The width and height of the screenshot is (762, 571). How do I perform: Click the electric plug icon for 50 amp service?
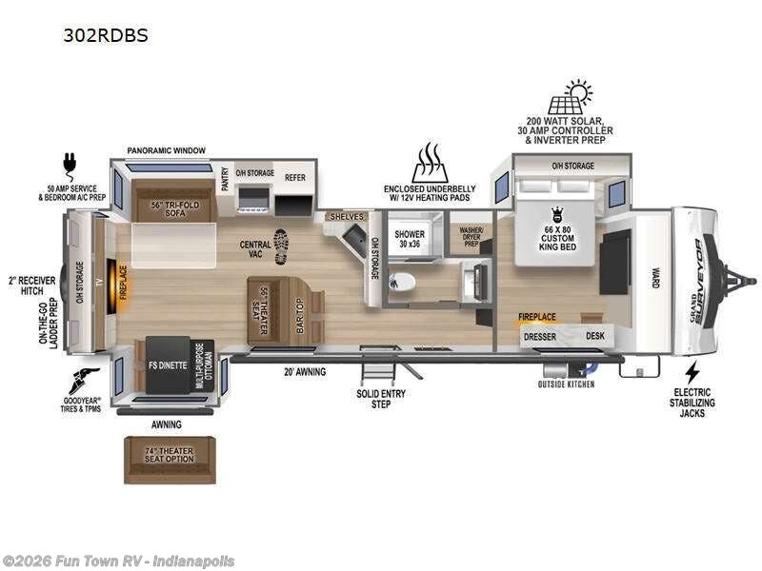point(70,162)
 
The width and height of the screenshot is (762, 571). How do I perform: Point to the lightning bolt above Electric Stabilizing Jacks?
point(692,372)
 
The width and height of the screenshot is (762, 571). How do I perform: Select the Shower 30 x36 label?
point(410,238)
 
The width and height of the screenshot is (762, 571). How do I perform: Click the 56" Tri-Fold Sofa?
point(160,207)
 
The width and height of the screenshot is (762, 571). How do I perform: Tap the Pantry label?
point(226,180)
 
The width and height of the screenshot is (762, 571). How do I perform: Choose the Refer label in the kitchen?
point(293,177)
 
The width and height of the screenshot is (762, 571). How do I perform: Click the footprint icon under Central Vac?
point(281,246)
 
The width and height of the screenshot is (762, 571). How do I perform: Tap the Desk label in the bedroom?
point(595,335)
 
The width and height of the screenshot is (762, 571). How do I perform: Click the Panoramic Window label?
point(168,150)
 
